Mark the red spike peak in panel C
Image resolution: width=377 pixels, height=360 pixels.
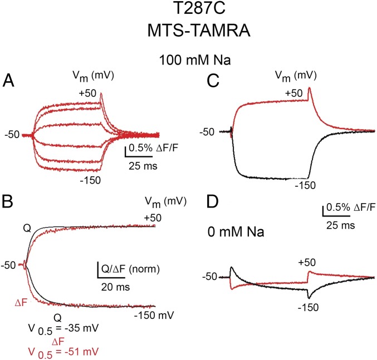pyautogui.click(x=309, y=87)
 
